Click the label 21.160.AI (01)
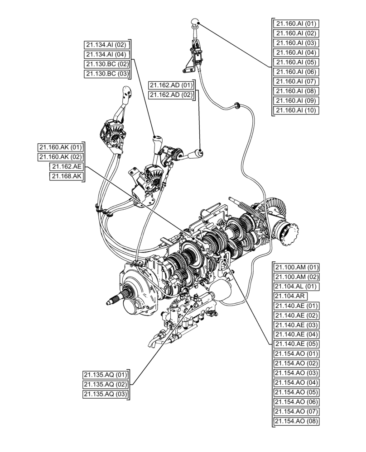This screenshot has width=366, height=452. click(297, 24)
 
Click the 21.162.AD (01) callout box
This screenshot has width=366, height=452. click(171, 85)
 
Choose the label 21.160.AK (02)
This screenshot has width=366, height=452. click(61, 157)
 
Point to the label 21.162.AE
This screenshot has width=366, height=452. click(67, 167)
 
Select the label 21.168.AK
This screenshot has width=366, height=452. click(67, 177)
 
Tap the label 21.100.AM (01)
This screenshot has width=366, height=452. click(297, 267)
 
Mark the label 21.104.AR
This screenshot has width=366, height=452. click(290, 297)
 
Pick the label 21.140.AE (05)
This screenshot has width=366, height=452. click(297, 344)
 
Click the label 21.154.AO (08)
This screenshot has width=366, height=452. click(297, 422)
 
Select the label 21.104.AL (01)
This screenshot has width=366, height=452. click(297, 287)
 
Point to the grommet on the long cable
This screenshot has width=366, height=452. click(236, 105)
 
